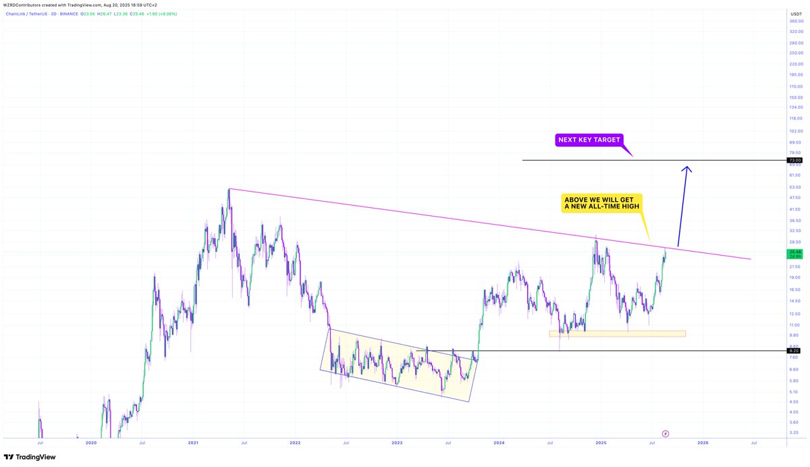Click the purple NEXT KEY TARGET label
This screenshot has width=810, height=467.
click(x=589, y=140)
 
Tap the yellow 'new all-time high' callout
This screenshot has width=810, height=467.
click(x=601, y=203)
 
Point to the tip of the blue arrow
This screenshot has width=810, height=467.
click(x=687, y=167)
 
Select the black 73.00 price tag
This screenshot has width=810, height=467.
click(x=794, y=160)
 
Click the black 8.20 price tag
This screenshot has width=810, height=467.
click(x=794, y=351)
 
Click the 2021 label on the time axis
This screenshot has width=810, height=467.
click(x=193, y=443)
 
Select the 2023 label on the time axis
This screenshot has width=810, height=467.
click(x=397, y=443)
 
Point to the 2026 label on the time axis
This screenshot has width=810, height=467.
click(x=703, y=443)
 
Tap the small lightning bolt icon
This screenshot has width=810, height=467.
click(x=665, y=433)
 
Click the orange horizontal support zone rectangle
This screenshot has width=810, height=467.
click(x=617, y=333)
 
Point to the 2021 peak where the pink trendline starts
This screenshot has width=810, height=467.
click(x=229, y=189)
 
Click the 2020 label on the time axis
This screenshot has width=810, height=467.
click(x=91, y=443)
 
